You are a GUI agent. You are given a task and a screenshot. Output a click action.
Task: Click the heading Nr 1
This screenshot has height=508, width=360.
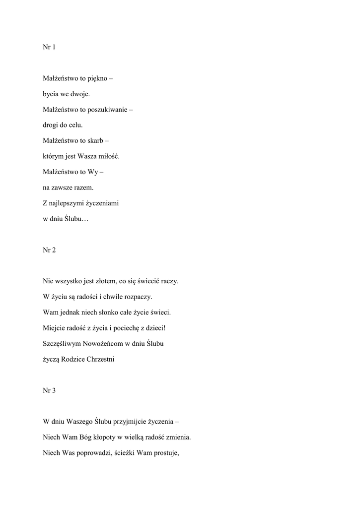(49, 47)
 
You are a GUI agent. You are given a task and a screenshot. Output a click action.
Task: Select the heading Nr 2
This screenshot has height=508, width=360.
(49, 250)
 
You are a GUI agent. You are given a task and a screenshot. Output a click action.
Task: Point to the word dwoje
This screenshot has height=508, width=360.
(80, 94)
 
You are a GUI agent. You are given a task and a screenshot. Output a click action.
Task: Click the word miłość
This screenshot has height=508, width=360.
(109, 156)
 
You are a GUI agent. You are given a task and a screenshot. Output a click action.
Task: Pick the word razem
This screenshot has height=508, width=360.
(83, 188)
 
